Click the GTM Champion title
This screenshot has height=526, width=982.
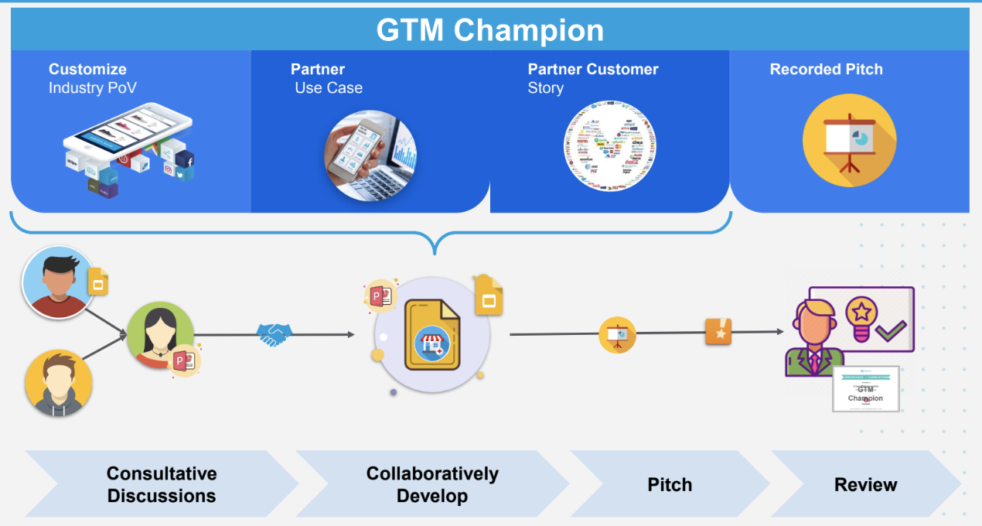point(489,30)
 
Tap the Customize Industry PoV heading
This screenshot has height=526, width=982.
point(93,78)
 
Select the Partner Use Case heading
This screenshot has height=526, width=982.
point(326,78)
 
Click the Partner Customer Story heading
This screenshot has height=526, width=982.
point(593,78)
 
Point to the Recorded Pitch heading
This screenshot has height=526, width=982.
point(826,69)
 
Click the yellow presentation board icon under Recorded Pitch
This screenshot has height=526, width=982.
point(849,140)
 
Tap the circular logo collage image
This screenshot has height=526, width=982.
point(610,146)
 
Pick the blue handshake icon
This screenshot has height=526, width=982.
point(275,334)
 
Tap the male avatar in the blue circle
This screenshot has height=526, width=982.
point(56,282)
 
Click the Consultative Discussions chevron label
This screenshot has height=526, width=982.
point(162,484)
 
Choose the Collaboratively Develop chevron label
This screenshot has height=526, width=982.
point(432,484)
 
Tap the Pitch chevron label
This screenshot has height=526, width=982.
point(670,485)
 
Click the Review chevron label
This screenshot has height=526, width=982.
point(865,485)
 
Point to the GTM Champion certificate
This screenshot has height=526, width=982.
point(865,388)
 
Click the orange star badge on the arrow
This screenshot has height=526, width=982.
point(718,332)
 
